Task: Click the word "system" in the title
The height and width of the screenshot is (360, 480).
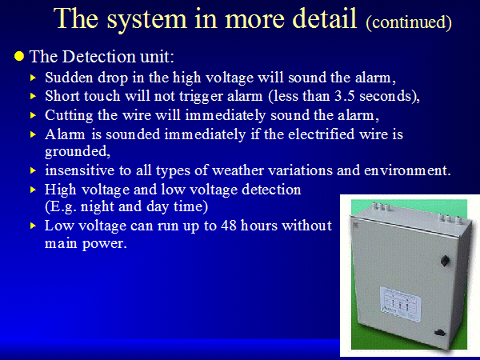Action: click(146, 19)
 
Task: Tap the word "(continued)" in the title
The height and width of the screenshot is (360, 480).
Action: click(409, 22)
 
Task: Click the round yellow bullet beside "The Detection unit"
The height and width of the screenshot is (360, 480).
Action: click(19, 56)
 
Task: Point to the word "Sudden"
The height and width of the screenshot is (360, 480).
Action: click(69, 77)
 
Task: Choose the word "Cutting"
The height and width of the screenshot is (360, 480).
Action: click(69, 116)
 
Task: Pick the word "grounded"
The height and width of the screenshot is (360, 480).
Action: click(76, 151)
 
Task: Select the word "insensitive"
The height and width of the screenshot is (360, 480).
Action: click(79, 170)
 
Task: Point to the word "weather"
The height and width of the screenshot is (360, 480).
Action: click(238, 170)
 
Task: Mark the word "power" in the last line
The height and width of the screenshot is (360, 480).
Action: click(103, 244)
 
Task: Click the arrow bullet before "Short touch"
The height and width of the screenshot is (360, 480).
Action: click(33, 96)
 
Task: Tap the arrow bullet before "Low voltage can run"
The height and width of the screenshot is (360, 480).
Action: click(33, 226)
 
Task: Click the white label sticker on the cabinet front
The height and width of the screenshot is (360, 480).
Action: click(400, 303)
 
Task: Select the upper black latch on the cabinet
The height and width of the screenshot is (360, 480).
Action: click(445, 261)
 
